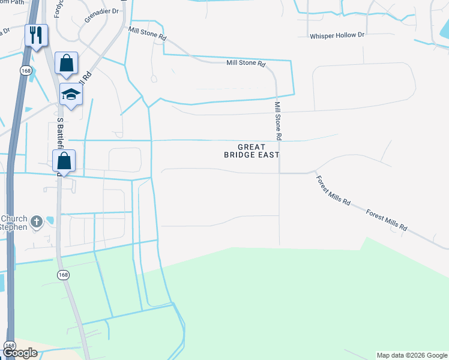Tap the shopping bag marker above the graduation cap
pos(66,63)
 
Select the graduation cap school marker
pos(71,95)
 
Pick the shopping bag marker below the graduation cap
pos(64,161)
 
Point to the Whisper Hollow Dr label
pos(337,36)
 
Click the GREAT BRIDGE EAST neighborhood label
pos(252,151)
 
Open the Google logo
pos(20,353)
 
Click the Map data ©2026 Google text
pos(411,355)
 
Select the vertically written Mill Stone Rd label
pos(278,121)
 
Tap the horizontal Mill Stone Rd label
pos(246,63)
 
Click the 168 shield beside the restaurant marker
pos(25,71)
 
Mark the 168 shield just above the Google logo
pos(10,346)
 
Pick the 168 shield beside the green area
pos(63,275)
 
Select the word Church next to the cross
pos(14,218)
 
